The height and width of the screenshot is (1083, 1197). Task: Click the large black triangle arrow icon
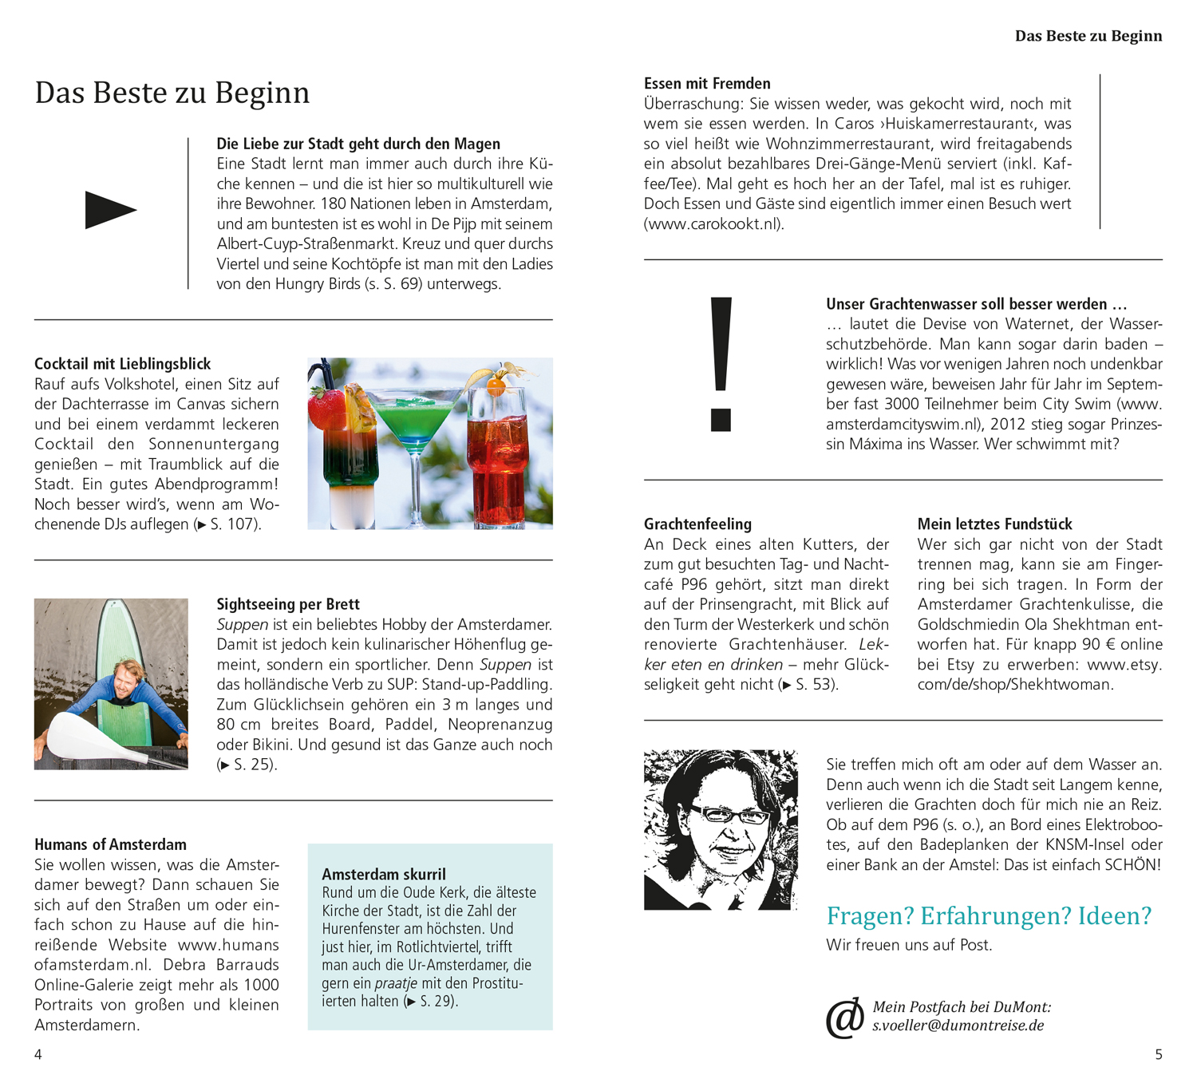click(109, 210)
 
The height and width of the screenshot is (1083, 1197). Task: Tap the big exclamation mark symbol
click(721, 363)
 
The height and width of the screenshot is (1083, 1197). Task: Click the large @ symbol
click(844, 1018)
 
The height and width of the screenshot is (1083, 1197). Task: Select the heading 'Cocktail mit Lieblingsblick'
click(122, 364)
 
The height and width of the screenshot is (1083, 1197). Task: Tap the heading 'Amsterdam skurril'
click(384, 874)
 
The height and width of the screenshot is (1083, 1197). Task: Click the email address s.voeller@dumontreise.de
click(958, 1026)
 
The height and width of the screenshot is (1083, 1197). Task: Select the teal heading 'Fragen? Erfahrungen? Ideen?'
click(989, 915)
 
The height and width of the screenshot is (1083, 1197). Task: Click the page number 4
click(38, 1054)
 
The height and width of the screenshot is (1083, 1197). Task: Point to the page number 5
click(1159, 1054)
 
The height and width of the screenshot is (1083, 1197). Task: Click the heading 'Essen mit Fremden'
click(707, 83)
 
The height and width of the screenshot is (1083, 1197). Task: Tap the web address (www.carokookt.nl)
click(714, 224)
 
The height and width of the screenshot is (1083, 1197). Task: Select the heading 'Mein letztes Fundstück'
click(994, 524)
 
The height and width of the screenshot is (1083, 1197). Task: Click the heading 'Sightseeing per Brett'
click(288, 604)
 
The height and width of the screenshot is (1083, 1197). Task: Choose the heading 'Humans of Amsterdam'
click(110, 844)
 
